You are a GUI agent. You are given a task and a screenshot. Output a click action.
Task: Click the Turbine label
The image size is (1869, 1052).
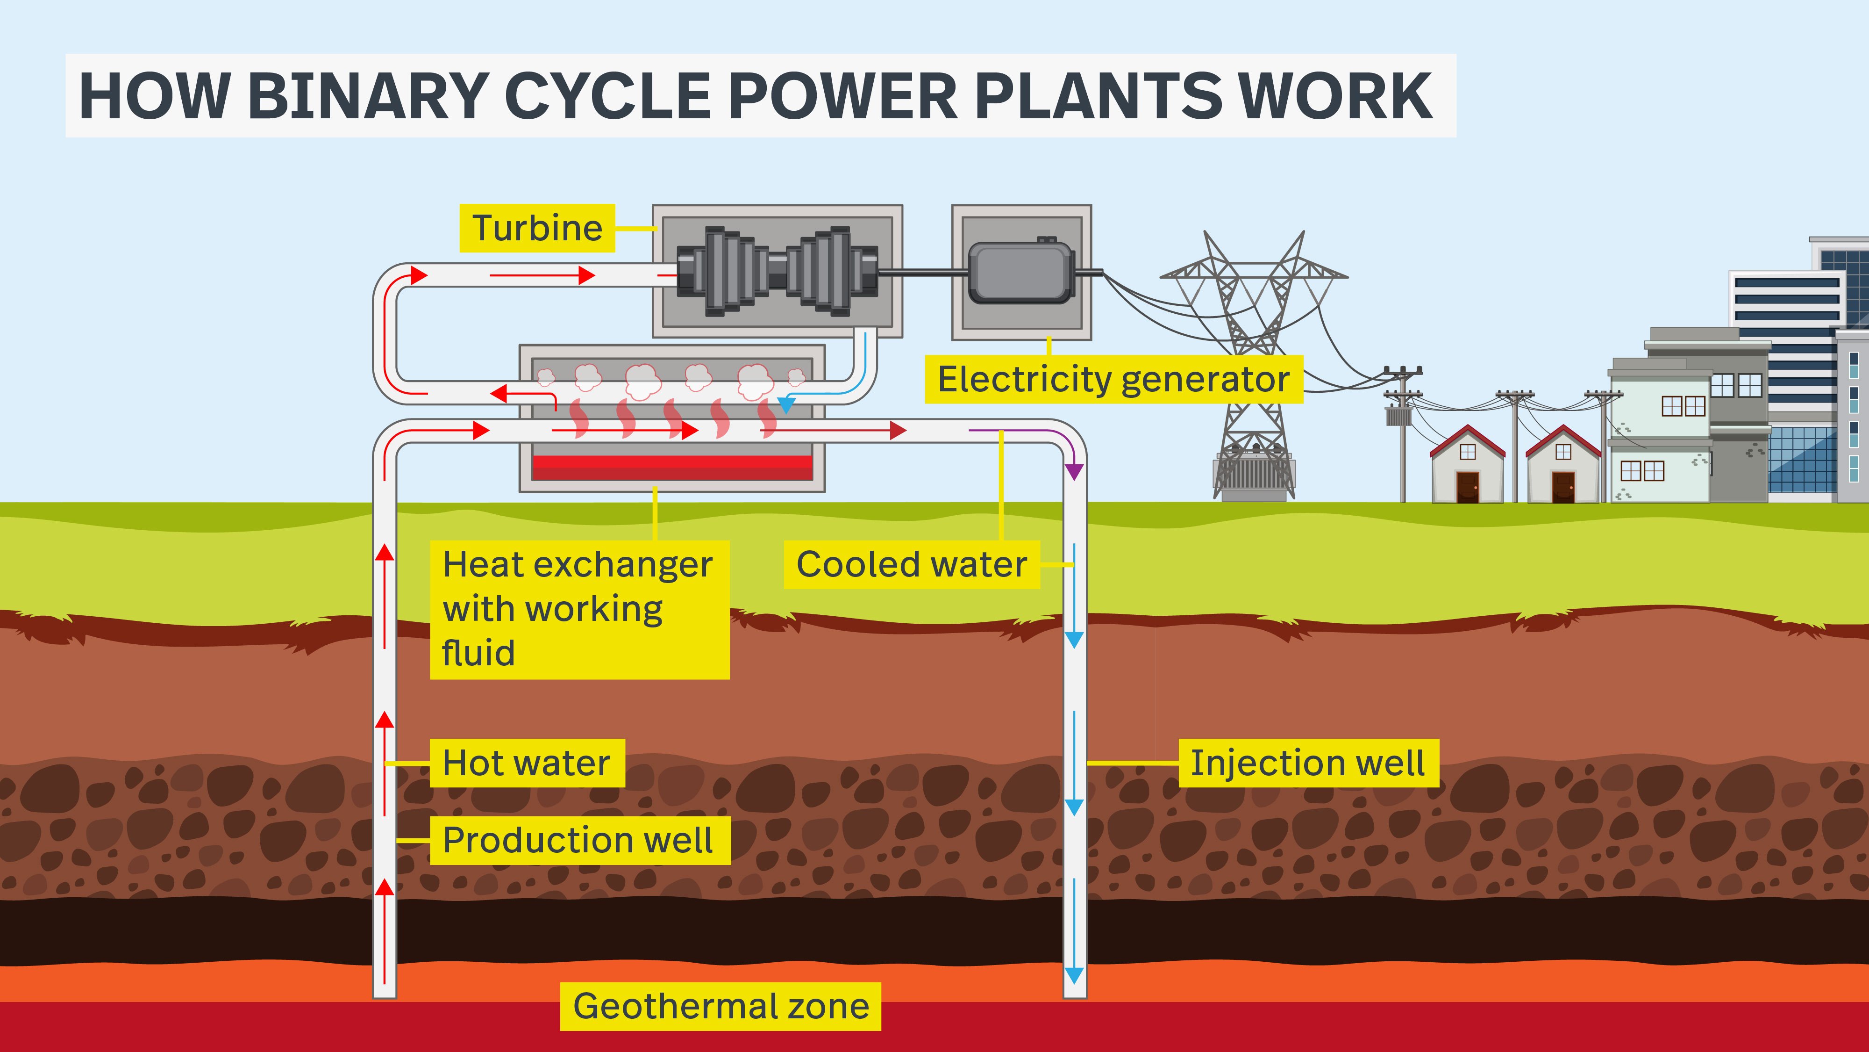tap(537, 228)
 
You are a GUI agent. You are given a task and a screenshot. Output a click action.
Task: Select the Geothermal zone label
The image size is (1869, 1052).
tap(720, 1006)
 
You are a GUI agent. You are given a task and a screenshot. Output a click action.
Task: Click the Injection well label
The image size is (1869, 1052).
tap(1307, 763)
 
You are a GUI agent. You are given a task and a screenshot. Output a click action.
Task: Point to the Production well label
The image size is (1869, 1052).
tap(579, 840)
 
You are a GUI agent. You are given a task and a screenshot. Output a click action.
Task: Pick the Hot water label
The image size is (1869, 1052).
tap(527, 763)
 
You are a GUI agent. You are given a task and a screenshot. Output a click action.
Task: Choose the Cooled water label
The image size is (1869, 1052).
tap(911, 564)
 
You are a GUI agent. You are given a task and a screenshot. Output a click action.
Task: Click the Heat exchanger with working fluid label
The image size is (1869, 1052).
tap(578, 608)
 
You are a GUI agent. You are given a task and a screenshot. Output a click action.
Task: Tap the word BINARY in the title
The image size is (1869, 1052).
tap(366, 96)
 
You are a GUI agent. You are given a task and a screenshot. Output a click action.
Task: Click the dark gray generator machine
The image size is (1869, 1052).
tap(1021, 272)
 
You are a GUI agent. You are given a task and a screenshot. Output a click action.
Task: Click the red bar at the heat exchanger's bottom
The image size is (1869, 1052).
tap(672, 467)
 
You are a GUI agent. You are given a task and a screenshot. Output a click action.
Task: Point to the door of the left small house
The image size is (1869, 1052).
tap(1467, 486)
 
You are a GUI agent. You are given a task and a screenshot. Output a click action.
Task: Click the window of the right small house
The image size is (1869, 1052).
tap(1563, 452)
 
